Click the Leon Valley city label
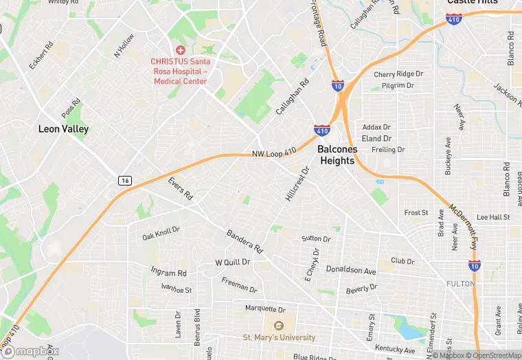coord(63,128)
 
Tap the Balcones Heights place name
coord(336,155)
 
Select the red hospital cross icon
coord(181,50)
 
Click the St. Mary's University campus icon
coord(279,326)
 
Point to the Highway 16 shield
coord(124,180)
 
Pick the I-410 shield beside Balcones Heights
coord(321,130)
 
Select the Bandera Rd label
coord(245,241)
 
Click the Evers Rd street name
coord(180,189)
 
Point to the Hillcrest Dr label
coord(297,183)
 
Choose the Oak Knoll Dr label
coord(161,233)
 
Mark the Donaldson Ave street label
coord(351,270)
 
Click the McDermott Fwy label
coord(463,227)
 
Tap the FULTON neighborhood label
coord(460,284)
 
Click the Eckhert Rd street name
coord(41,57)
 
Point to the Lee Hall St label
coord(493,217)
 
